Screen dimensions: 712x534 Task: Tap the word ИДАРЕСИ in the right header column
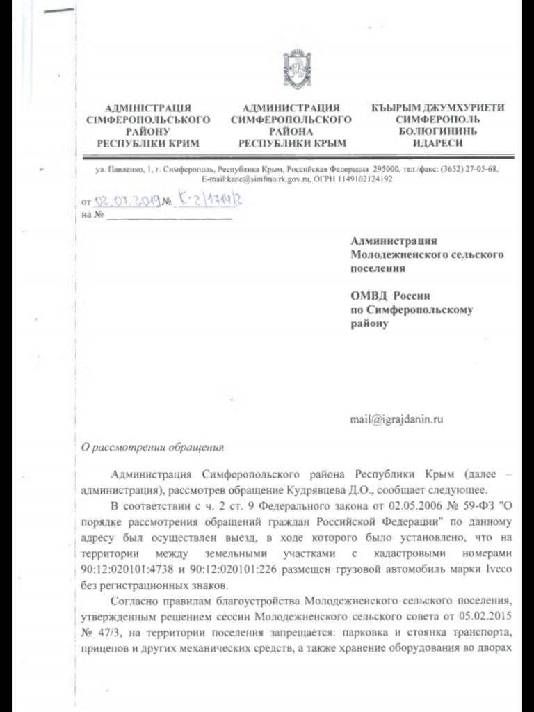[437, 143]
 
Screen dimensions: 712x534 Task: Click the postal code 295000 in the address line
[386, 169]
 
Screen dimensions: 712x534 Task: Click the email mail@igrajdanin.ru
[397, 419]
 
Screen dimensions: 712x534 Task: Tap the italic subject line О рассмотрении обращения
[153, 447]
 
